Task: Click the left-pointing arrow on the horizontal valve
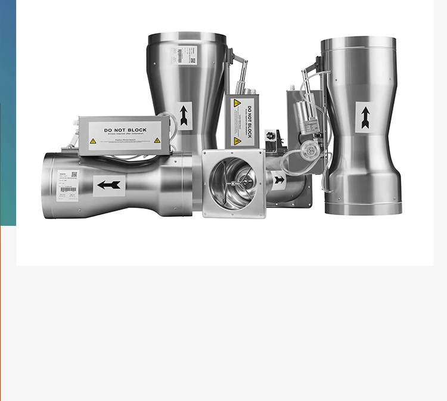coord(109,185)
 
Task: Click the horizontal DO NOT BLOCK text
coord(125,130)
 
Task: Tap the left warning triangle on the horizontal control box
coord(93,141)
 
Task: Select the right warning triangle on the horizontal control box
coord(157,141)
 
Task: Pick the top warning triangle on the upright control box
coord(237,103)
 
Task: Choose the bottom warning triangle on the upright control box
coord(237,141)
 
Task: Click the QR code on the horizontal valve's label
coord(74,175)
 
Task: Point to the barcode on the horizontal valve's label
coord(68,189)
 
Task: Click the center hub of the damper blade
coord(232,185)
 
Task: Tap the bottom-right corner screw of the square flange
coord(260,212)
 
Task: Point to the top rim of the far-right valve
coord(359,40)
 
